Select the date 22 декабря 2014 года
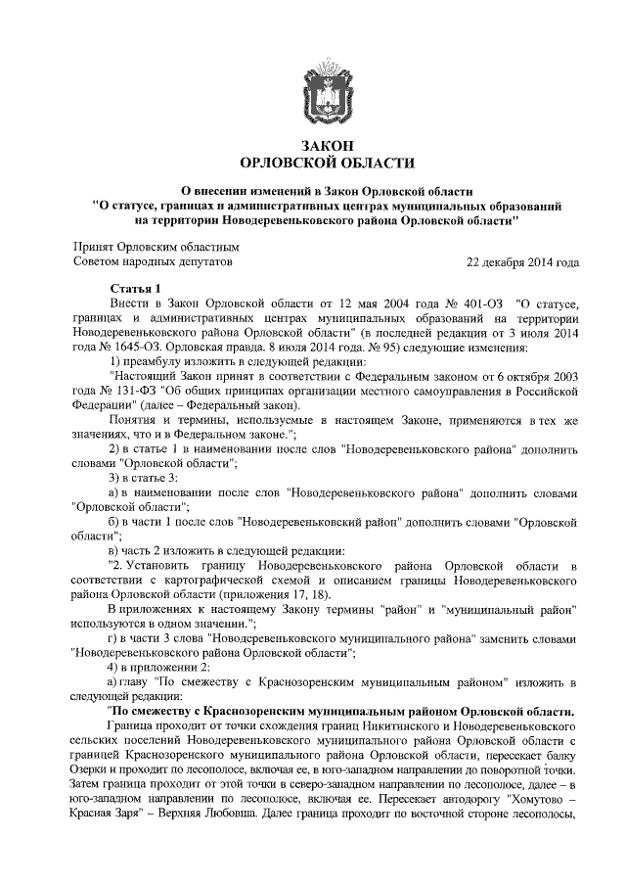[x=522, y=263]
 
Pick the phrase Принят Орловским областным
[x=156, y=249]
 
